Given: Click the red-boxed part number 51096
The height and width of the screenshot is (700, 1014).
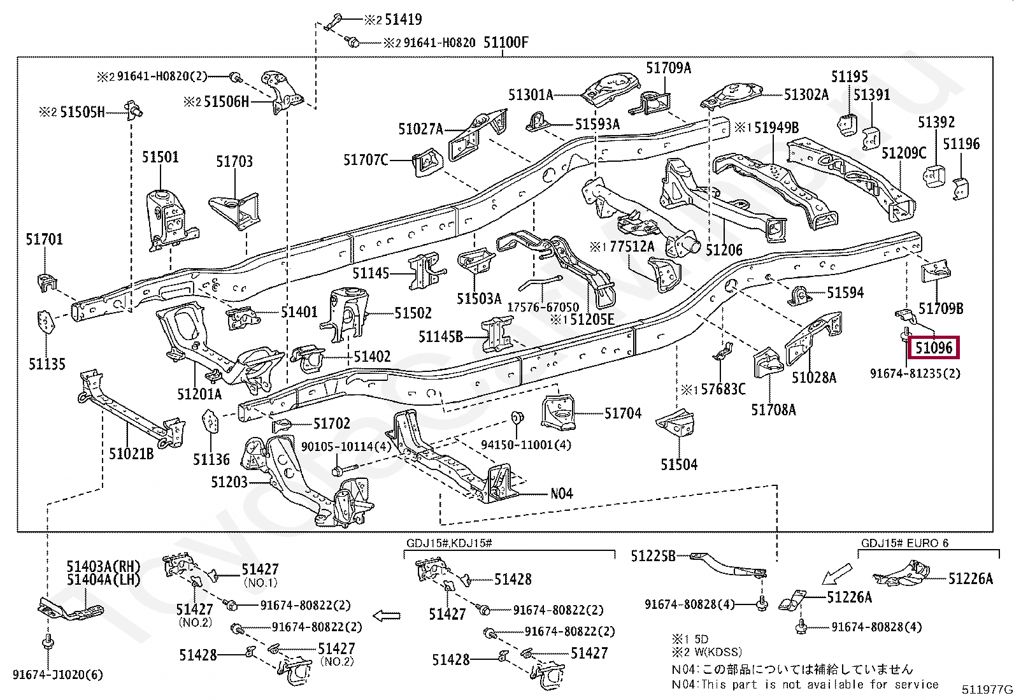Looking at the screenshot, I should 934,348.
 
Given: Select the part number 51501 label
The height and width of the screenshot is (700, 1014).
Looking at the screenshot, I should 161,157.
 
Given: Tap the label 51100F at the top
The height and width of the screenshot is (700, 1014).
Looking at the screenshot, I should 506,43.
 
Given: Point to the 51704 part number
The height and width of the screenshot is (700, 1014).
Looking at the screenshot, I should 622,413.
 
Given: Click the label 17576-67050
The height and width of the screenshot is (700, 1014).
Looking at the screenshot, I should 543,307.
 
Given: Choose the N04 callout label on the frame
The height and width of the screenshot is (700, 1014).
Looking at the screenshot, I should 561,494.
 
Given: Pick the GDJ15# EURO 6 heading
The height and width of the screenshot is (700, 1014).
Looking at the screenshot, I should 904,543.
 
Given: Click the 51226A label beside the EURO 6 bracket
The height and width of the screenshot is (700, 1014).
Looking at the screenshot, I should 970,578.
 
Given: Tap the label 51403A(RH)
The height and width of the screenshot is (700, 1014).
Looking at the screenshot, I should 103,566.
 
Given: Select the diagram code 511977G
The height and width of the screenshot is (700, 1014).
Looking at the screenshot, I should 987,690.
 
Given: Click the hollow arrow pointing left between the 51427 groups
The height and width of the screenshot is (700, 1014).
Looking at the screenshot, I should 386,616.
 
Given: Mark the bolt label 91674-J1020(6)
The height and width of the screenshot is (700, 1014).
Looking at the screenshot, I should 57,675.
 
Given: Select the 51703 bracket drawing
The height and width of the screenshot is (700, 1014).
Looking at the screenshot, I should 235,209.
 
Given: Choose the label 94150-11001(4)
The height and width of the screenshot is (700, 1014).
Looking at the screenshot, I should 525,445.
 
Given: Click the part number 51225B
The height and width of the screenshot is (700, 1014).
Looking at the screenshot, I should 653,556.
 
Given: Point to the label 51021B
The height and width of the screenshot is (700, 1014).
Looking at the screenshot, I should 131,454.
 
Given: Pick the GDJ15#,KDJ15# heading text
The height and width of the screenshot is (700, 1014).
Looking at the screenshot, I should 449,543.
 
